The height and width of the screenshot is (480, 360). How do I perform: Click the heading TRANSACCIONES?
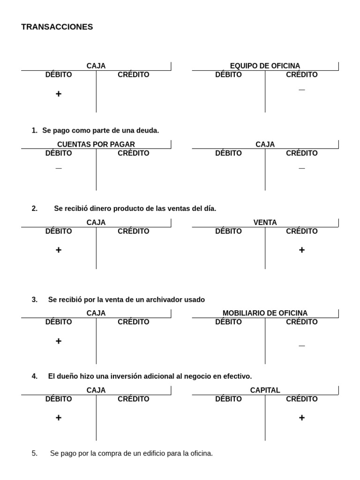[57, 27]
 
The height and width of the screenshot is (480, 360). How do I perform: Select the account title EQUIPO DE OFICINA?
[265, 66]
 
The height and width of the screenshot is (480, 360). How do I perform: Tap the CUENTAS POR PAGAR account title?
[96, 144]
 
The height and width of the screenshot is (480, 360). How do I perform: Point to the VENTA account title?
[265, 223]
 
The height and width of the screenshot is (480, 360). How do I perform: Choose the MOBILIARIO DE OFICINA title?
[265, 313]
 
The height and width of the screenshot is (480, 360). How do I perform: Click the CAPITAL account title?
[265, 390]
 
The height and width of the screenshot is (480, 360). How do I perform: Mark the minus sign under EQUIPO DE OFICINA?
[301, 90]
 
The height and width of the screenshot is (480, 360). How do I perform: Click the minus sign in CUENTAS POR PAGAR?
[59, 168]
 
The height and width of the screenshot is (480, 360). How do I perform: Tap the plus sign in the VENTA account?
[301, 250]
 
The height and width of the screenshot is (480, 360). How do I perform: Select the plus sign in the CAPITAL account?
[301, 417]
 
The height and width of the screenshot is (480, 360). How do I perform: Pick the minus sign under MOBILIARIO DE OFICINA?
[301, 346]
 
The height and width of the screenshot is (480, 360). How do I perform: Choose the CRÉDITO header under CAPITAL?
[301, 399]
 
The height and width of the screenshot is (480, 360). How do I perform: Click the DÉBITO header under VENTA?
[228, 231]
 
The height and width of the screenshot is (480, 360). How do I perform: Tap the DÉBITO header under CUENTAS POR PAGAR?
[59, 153]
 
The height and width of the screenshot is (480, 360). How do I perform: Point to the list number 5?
[34, 454]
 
